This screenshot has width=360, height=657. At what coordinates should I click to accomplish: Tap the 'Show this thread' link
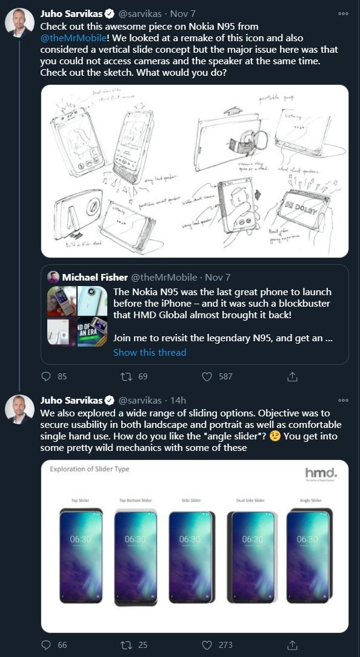[x=150, y=352]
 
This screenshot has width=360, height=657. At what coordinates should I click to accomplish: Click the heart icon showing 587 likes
[x=207, y=376]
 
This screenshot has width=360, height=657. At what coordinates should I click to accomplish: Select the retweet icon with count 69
[x=127, y=376]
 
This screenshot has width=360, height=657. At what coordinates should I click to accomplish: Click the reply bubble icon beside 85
[x=46, y=376]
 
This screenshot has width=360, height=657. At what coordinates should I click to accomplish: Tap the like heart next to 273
[x=207, y=645]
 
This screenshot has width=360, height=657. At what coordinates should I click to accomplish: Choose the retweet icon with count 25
[x=127, y=645]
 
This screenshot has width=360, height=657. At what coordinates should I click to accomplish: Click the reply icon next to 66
[x=46, y=645]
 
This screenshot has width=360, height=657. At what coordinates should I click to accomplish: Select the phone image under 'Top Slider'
[x=81, y=556]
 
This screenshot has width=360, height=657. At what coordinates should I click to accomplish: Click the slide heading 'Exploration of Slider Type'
[x=90, y=469]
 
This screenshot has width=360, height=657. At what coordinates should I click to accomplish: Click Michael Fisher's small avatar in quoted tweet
[x=53, y=277]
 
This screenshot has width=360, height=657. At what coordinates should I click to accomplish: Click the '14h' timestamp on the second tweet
[x=178, y=401]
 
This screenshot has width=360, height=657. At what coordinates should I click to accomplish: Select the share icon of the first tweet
[x=292, y=376]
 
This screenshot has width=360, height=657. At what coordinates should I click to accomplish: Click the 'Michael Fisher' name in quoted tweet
[x=95, y=277]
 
